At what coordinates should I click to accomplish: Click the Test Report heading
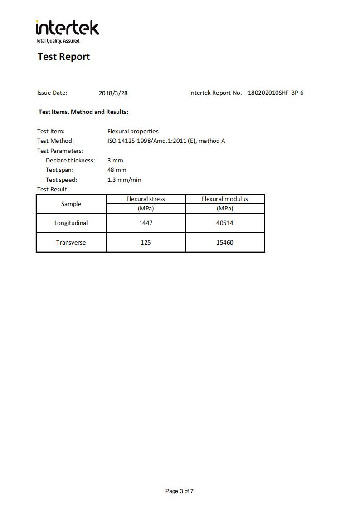point(63,57)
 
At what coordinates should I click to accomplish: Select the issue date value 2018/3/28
point(113,93)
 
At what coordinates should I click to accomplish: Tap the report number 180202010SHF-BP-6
point(276,93)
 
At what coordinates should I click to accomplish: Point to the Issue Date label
point(52,93)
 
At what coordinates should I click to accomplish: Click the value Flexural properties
point(133,131)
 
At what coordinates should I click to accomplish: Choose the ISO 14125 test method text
point(166,141)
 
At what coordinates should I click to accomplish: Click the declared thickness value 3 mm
point(115,160)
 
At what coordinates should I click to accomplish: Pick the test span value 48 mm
point(117,170)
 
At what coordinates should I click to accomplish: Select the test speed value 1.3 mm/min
point(124,180)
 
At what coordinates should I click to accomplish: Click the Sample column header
point(71,204)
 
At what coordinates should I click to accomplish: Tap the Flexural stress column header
point(146,199)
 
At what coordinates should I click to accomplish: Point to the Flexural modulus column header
point(225,199)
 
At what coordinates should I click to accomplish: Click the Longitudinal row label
point(71,223)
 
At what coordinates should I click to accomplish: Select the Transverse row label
point(71,242)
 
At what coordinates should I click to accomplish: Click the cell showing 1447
point(146,223)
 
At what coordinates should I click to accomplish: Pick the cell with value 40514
point(225,223)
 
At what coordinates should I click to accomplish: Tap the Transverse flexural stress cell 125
point(146,242)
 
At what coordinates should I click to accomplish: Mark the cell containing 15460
point(225,242)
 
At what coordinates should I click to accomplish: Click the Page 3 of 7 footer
point(180,491)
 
